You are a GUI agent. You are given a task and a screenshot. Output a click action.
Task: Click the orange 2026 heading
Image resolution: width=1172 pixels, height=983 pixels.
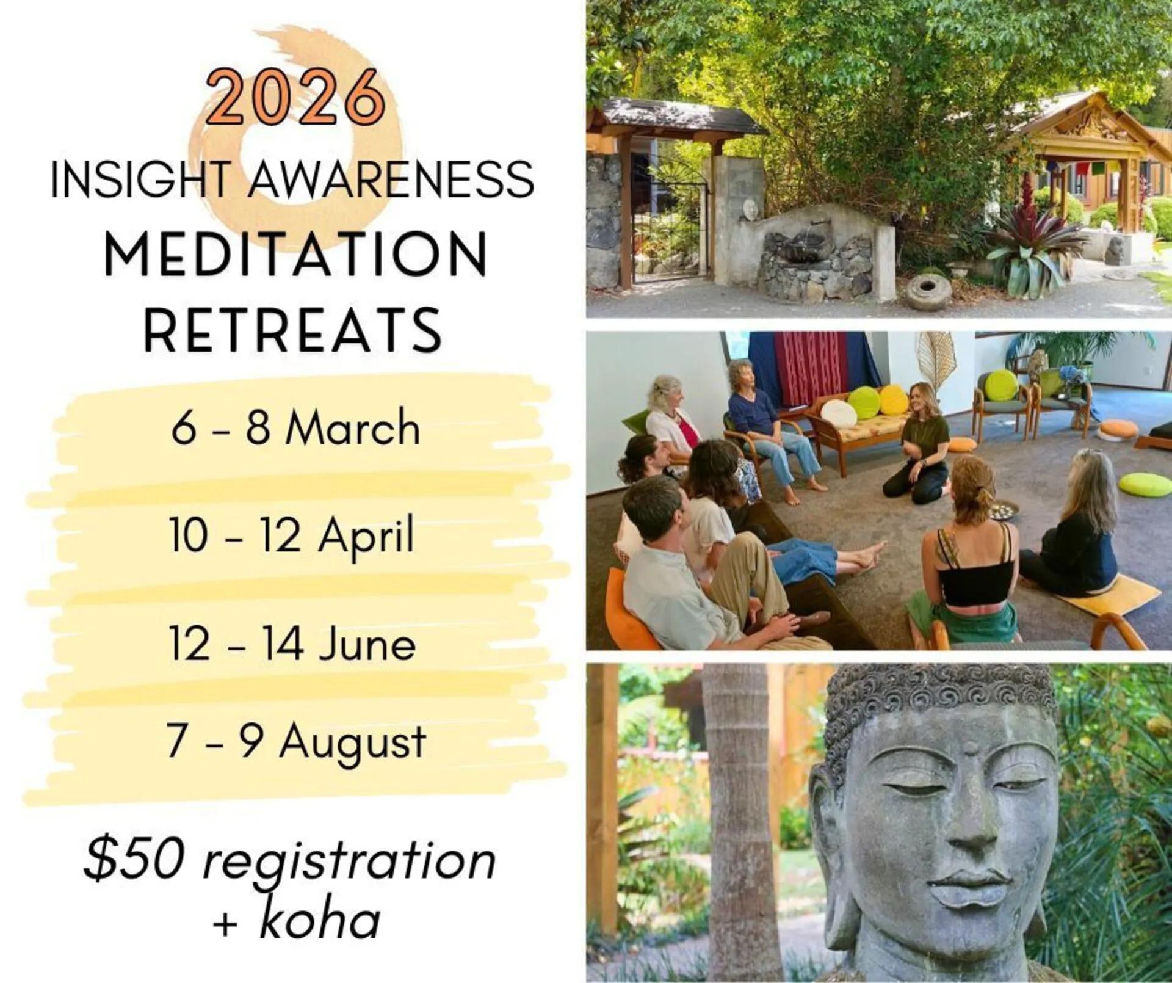295,96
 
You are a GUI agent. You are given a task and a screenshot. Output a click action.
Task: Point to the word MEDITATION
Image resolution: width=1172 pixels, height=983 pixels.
296,253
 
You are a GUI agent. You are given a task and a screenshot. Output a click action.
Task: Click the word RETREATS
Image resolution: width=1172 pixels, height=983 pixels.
293,330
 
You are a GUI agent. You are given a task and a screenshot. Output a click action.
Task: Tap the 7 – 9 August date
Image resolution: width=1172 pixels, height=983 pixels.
296,743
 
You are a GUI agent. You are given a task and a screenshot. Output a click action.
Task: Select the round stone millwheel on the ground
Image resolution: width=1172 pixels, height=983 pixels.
928,291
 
